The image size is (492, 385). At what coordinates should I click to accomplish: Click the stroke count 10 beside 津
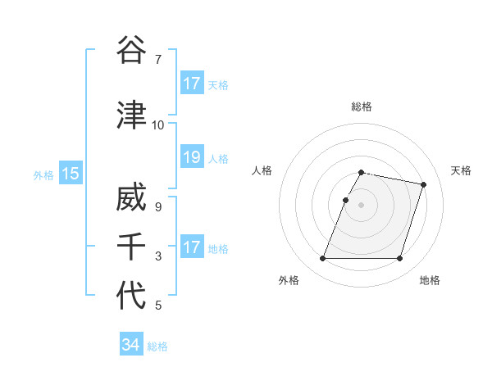[157, 125]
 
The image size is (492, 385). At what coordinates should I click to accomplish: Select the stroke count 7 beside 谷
[157, 59]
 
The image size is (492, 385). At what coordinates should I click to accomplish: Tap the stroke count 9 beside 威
[157, 207]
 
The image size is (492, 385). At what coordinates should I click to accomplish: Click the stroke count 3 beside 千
[157, 256]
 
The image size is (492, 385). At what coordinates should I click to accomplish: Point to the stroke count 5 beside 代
[157, 306]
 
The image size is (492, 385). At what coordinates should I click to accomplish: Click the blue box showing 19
[192, 157]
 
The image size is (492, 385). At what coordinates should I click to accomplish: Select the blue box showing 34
[130, 345]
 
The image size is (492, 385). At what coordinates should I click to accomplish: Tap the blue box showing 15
[70, 173]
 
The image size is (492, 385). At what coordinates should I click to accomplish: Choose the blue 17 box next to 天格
[192, 84]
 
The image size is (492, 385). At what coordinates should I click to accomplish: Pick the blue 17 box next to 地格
[192, 247]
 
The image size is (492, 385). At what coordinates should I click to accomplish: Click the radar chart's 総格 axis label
[362, 106]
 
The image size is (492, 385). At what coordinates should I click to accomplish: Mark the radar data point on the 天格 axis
[424, 185]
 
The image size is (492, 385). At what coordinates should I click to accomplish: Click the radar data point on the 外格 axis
[323, 259]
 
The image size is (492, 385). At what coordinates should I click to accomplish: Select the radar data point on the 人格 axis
[346, 200]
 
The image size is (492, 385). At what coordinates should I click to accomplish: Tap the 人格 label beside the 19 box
[218, 158]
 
